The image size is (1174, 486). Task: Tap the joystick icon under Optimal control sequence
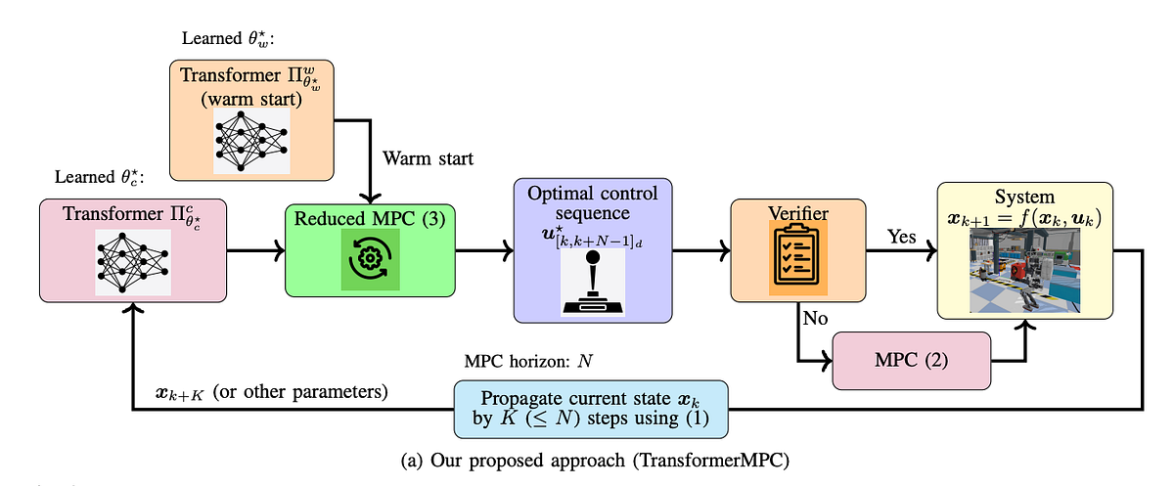[x=593, y=285]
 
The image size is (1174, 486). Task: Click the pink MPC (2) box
[x=911, y=359]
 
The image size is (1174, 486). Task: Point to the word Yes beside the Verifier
[x=901, y=238]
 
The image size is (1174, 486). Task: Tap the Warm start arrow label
[x=428, y=157]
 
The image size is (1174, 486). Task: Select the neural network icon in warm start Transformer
[x=251, y=140]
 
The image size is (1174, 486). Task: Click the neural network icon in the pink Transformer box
[x=131, y=264]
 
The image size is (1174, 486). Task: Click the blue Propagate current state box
[x=590, y=409]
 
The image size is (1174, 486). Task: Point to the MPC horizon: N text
[x=529, y=361]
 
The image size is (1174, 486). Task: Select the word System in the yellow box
[x=1024, y=196]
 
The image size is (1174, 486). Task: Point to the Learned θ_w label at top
[x=231, y=38]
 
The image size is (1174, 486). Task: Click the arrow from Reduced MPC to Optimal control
[x=483, y=252]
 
